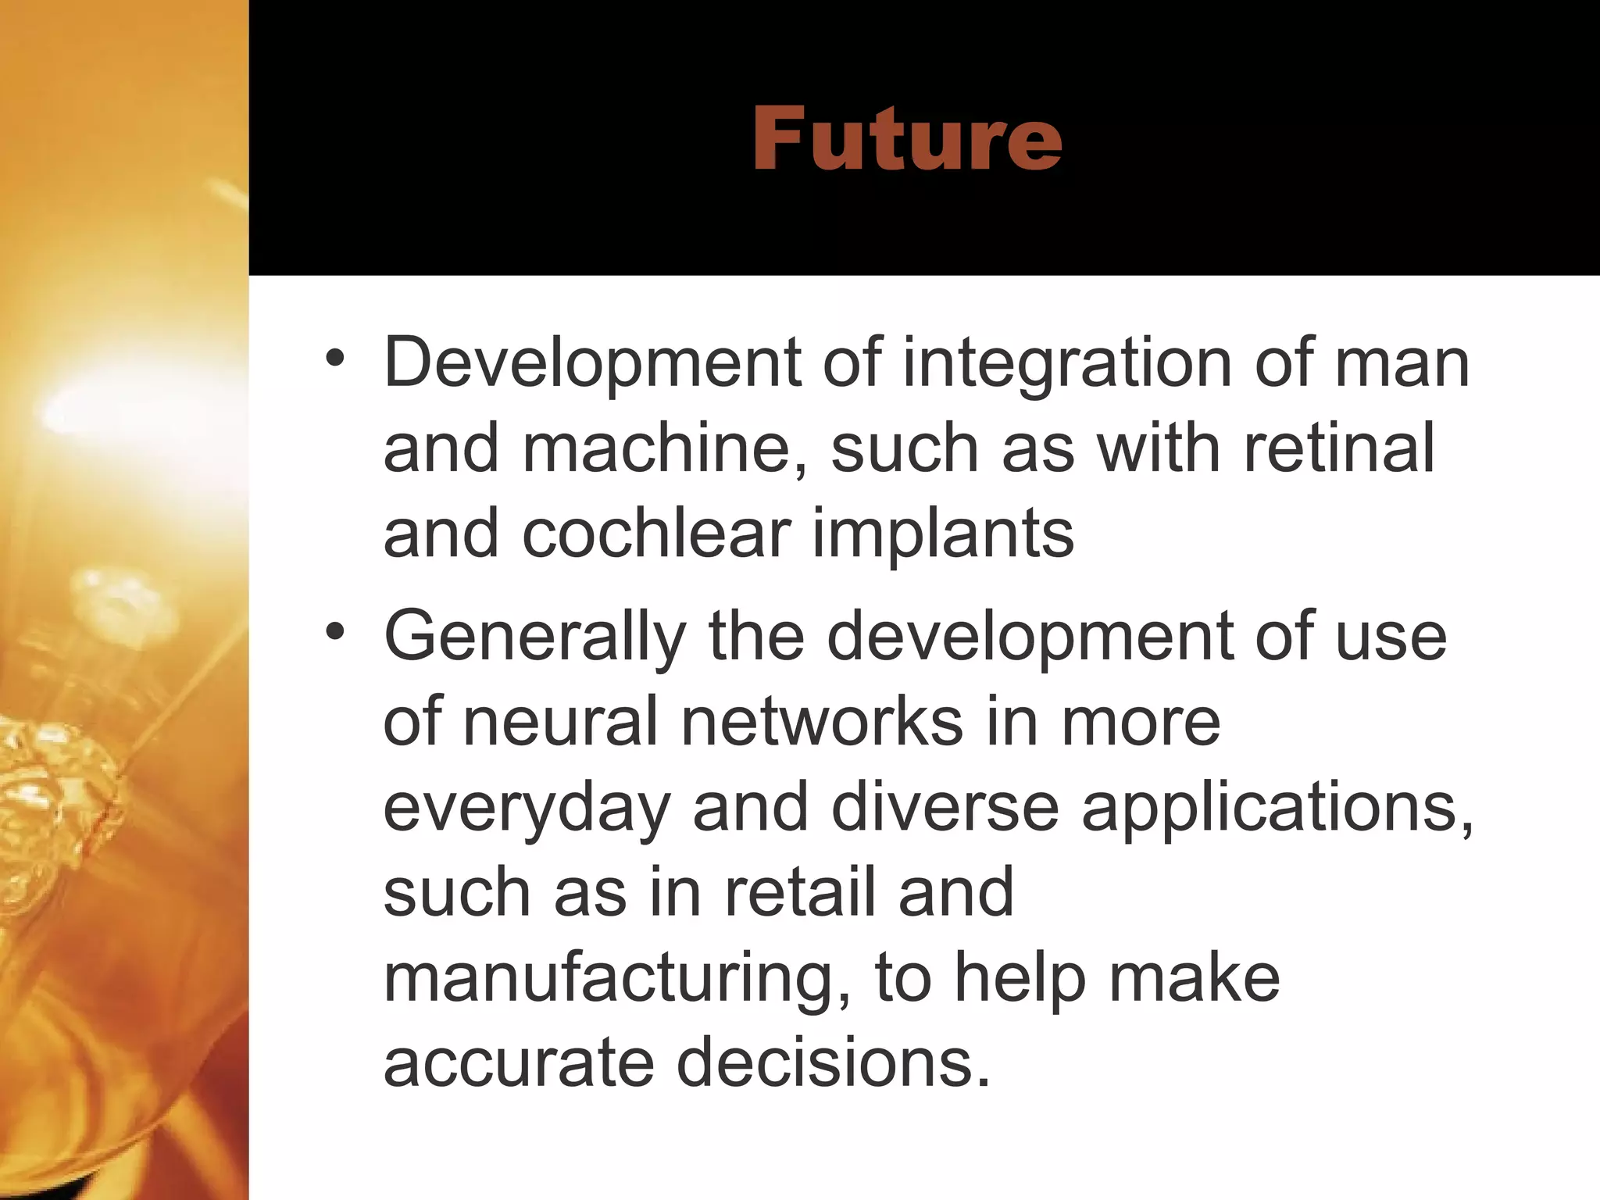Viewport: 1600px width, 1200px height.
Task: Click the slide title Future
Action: click(x=906, y=138)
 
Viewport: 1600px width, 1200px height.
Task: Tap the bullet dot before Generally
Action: click(x=335, y=631)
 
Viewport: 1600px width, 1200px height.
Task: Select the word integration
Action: click(x=1067, y=363)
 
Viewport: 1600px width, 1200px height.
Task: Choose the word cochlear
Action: click(x=656, y=534)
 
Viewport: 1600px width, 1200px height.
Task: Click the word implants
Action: click(x=943, y=535)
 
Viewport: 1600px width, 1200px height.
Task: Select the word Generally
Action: click(x=535, y=637)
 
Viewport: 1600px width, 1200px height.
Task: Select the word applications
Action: click(x=1277, y=809)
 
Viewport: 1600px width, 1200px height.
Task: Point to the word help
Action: click(x=1020, y=980)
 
